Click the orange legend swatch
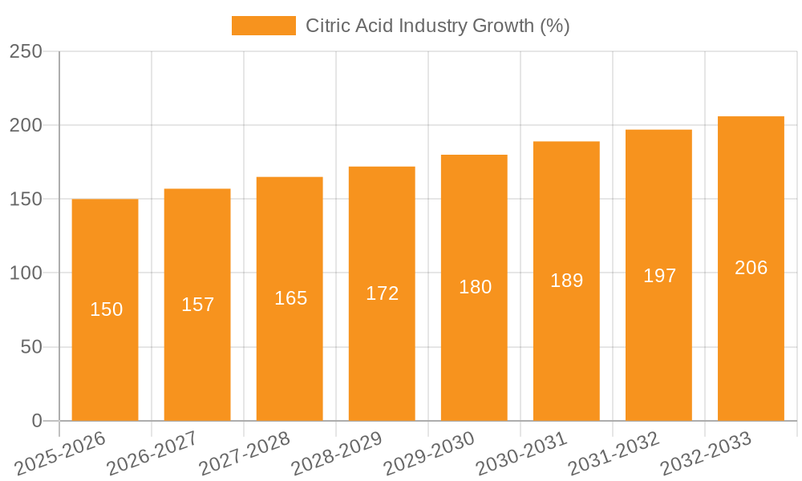click(263, 26)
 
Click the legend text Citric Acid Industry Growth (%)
click(437, 26)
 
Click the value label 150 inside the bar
click(106, 309)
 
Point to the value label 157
click(198, 305)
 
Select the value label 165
click(290, 298)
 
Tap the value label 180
click(475, 287)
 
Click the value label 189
click(566, 281)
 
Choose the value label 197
click(659, 276)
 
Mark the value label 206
click(751, 268)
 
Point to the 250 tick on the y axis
click(26, 51)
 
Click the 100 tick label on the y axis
click(26, 273)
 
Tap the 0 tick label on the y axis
click(36, 421)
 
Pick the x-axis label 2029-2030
click(428, 455)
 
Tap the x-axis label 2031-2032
click(613, 455)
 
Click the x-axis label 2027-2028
click(244, 455)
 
